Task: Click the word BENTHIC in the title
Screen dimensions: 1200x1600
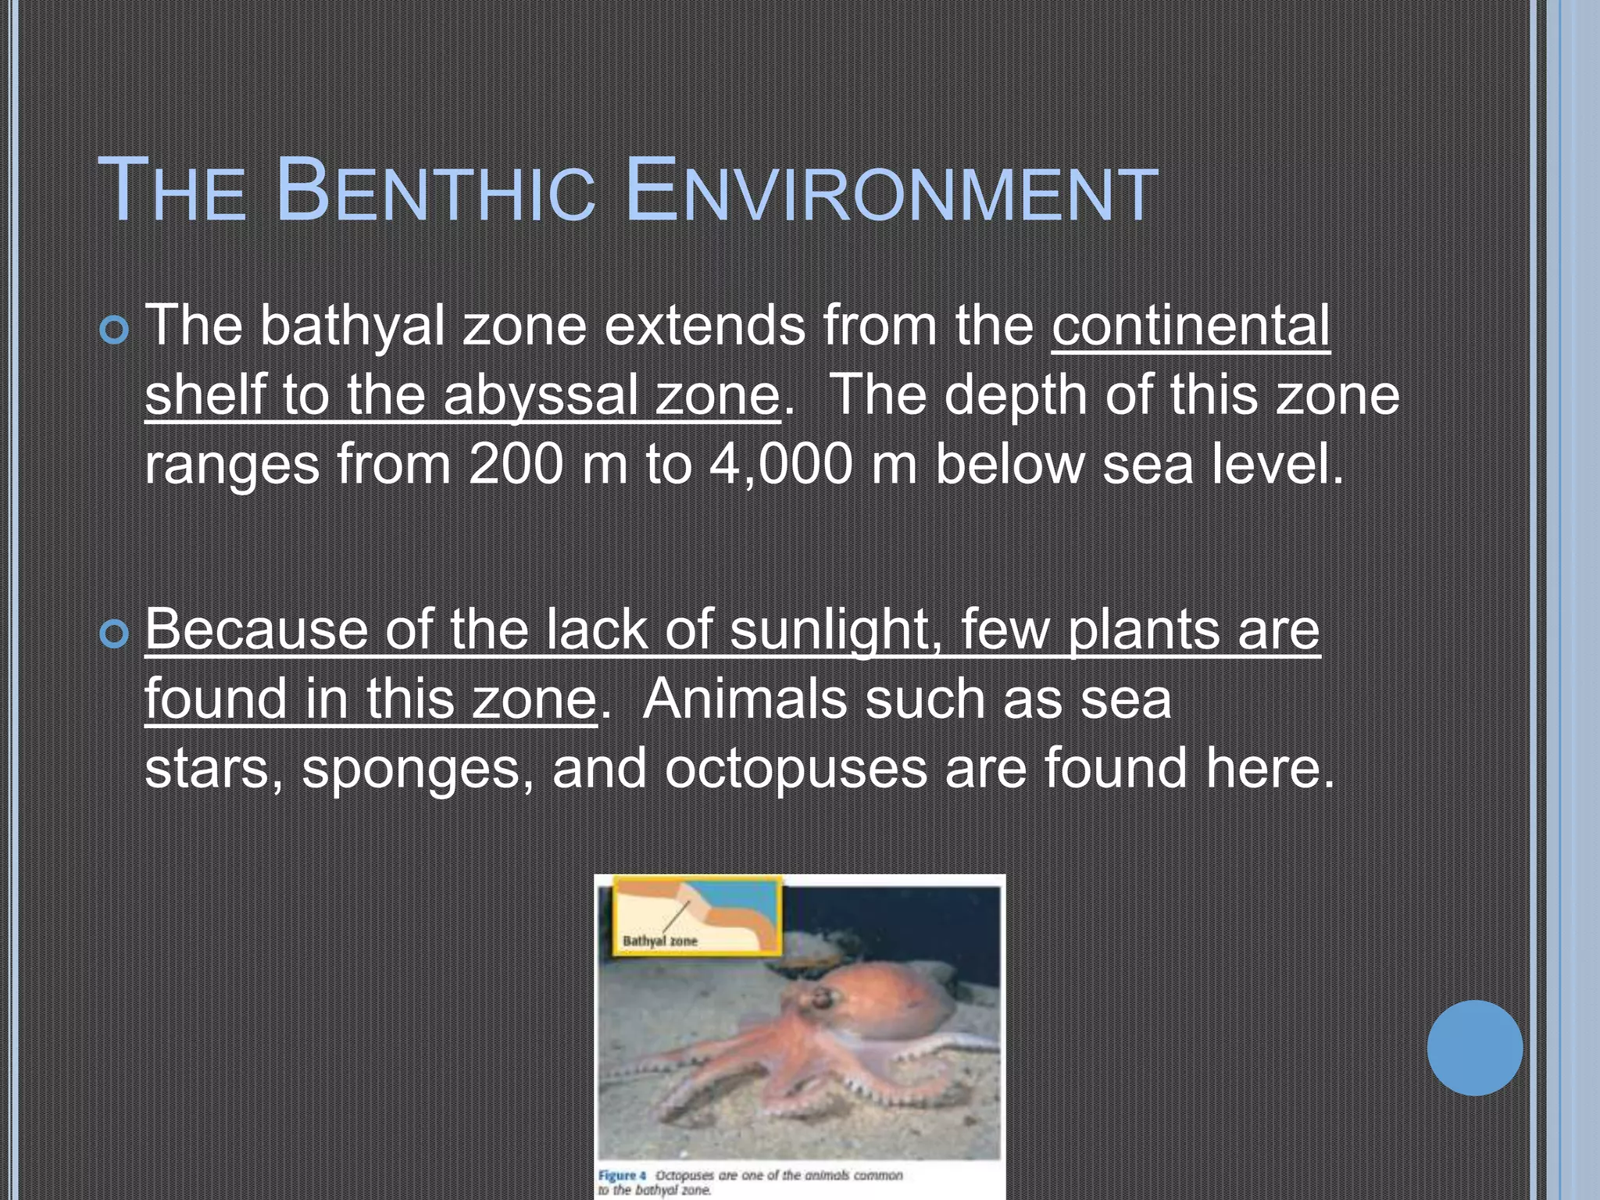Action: (434, 191)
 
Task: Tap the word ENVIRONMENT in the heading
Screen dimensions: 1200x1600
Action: (891, 191)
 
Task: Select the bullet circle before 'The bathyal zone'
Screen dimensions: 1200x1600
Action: (114, 331)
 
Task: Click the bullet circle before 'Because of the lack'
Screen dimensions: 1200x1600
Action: (114, 634)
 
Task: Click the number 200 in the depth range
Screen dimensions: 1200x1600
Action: (516, 464)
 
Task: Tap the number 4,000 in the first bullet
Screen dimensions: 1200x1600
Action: (780, 464)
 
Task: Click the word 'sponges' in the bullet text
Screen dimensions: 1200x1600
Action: (411, 769)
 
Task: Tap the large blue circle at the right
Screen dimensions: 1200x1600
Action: (1474, 1048)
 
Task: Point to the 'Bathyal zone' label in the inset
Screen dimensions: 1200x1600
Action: (659, 941)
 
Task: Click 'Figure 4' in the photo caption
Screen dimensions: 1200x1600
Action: (623, 1175)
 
